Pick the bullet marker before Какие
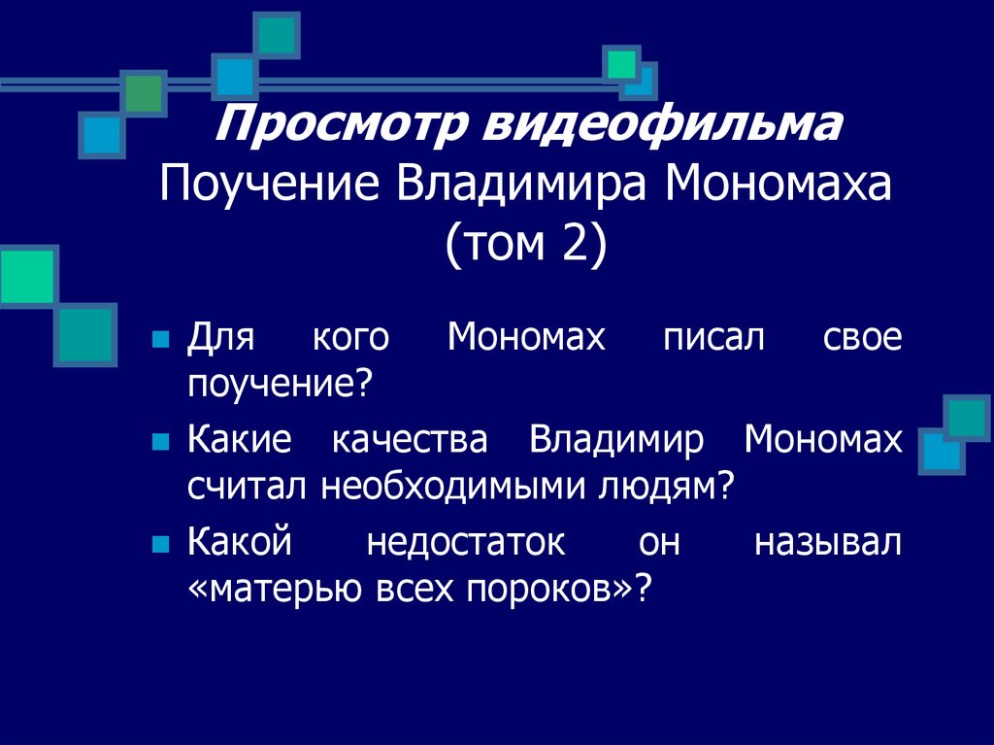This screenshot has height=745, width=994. tap(162, 442)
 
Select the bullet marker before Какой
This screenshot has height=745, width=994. tap(162, 542)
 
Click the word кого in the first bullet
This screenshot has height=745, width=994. tap(350, 339)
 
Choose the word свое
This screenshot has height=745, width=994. tap(863, 339)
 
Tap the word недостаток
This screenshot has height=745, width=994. tap(465, 541)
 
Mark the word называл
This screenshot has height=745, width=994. tap(827, 541)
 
